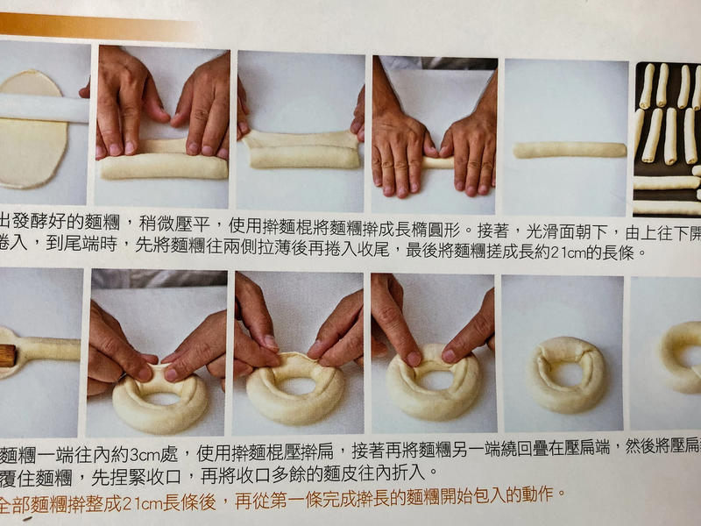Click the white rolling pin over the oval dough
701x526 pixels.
(x=44, y=107)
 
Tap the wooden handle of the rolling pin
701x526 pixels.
(x=7, y=355)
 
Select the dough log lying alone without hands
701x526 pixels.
(x=570, y=150)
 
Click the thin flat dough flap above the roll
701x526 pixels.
(x=298, y=138)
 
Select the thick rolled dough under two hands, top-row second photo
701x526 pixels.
(x=162, y=167)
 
